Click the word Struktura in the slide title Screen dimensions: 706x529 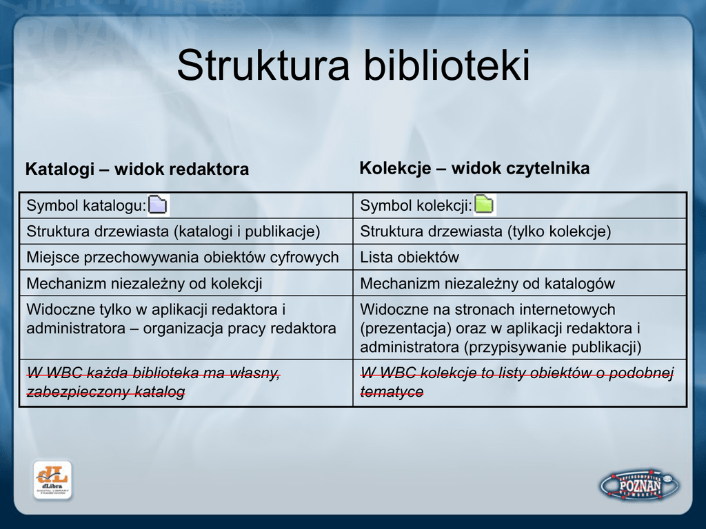pyautogui.click(x=263, y=65)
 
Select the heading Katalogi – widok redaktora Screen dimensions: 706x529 pyautogui.click(x=137, y=169)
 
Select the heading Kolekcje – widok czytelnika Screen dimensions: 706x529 pyautogui.click(x=474, y=168)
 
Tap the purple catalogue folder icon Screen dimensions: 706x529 pyautogui.click(x=158, y=205)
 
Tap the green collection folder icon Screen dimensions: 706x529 pyautogui.click(x=484, y=205)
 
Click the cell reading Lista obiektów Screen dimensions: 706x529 pyautogui.click(x=410, y=258)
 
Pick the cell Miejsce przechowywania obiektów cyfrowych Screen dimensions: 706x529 pyautogui.click(x=182, y=258)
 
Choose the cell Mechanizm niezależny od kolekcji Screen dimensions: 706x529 pyautogui.click(x=144, y=283)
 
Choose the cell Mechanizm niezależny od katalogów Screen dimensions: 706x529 pyautogui.click(x=487, y=283)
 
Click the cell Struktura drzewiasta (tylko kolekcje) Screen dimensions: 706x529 pyautogui.click(x=485, y=231)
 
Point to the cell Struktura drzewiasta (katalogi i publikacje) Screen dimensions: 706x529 pyautogui.click(x=173, y=231)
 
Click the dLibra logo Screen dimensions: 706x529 pyautogui.click(x=52, y=480)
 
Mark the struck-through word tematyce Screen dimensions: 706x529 pyautogui.click(x=392, y=392)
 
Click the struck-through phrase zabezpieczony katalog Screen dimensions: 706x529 pyautogui.click(x=105, y=392)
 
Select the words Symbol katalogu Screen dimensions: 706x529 pyautogui.click(x=86, y=205)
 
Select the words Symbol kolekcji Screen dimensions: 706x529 pyautogui.click(x=416, y=205)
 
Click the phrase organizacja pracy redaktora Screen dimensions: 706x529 pyautogui.click(x=239, y=329)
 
